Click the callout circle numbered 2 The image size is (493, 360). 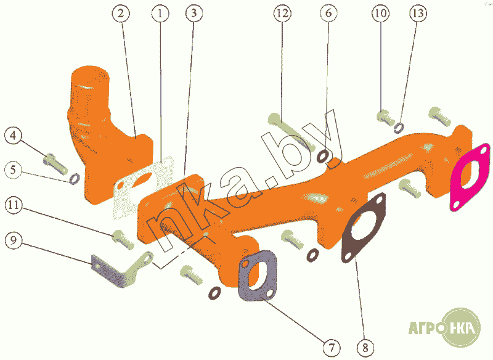[x=121, y=13]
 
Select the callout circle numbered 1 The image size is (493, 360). [x=160, y=13]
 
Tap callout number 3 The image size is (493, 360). [x=194, y=13]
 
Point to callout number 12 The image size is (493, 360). [x=282, y=13]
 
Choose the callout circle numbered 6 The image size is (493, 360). [x=328, y=13]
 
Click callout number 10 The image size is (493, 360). [x=381, y=13]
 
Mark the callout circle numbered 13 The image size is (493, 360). [x=418, y=13]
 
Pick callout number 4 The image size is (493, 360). [x=13, y=136]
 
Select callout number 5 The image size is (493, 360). [x=13, y=170]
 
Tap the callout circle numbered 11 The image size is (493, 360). [x=14, y=205]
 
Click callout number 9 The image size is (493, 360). [x=14, y=240]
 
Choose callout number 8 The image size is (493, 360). [x=365, y=348]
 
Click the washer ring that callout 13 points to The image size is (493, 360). [x=399, y=128]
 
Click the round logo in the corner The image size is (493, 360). [x=461, y=327]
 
